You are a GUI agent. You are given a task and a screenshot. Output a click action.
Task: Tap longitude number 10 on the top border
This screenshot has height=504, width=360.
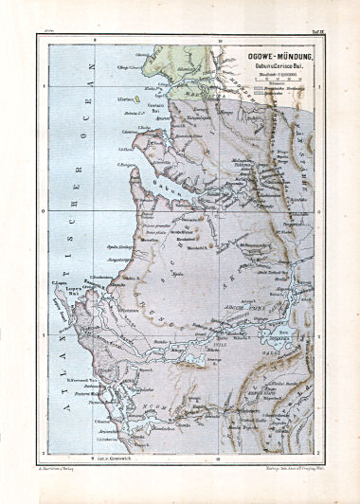(220, 43)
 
